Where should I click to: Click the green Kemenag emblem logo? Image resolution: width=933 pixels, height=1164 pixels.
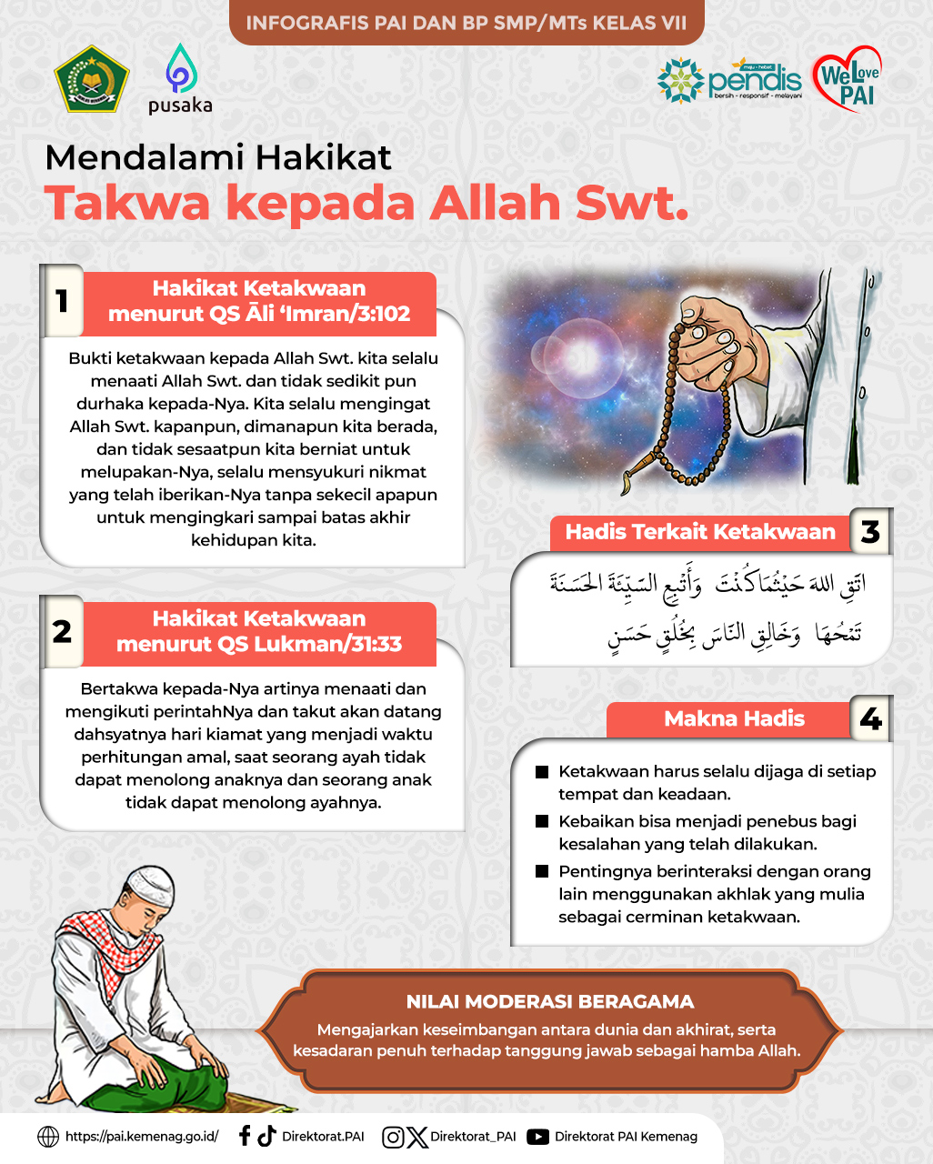(92, 79)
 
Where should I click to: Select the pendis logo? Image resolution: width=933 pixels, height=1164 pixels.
(730, 80)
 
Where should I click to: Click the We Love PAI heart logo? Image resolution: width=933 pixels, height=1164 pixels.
(847, 79)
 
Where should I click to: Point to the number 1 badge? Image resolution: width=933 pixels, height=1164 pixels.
(62, 300)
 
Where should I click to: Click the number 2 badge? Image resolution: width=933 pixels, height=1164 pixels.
(62, 630)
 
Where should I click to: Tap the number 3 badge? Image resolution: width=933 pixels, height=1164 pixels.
(870, 532)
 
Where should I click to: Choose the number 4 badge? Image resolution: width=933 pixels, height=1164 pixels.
(870, 719)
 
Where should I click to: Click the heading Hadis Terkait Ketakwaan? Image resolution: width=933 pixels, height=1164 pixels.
(700, 532)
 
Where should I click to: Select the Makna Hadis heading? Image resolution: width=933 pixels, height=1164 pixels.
(734, 719)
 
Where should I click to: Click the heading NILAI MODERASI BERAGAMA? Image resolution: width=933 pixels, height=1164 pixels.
(550, 1001)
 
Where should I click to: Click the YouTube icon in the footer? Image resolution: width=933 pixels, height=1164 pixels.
(538, 1137)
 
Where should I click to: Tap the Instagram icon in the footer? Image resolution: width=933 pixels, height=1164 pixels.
(393, 1137)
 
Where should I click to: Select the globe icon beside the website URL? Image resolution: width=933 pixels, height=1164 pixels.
(48, 1137)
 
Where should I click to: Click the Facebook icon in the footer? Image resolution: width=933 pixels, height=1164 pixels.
(244, 1136)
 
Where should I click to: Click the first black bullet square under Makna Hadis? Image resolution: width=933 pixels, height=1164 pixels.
(542, 772)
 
